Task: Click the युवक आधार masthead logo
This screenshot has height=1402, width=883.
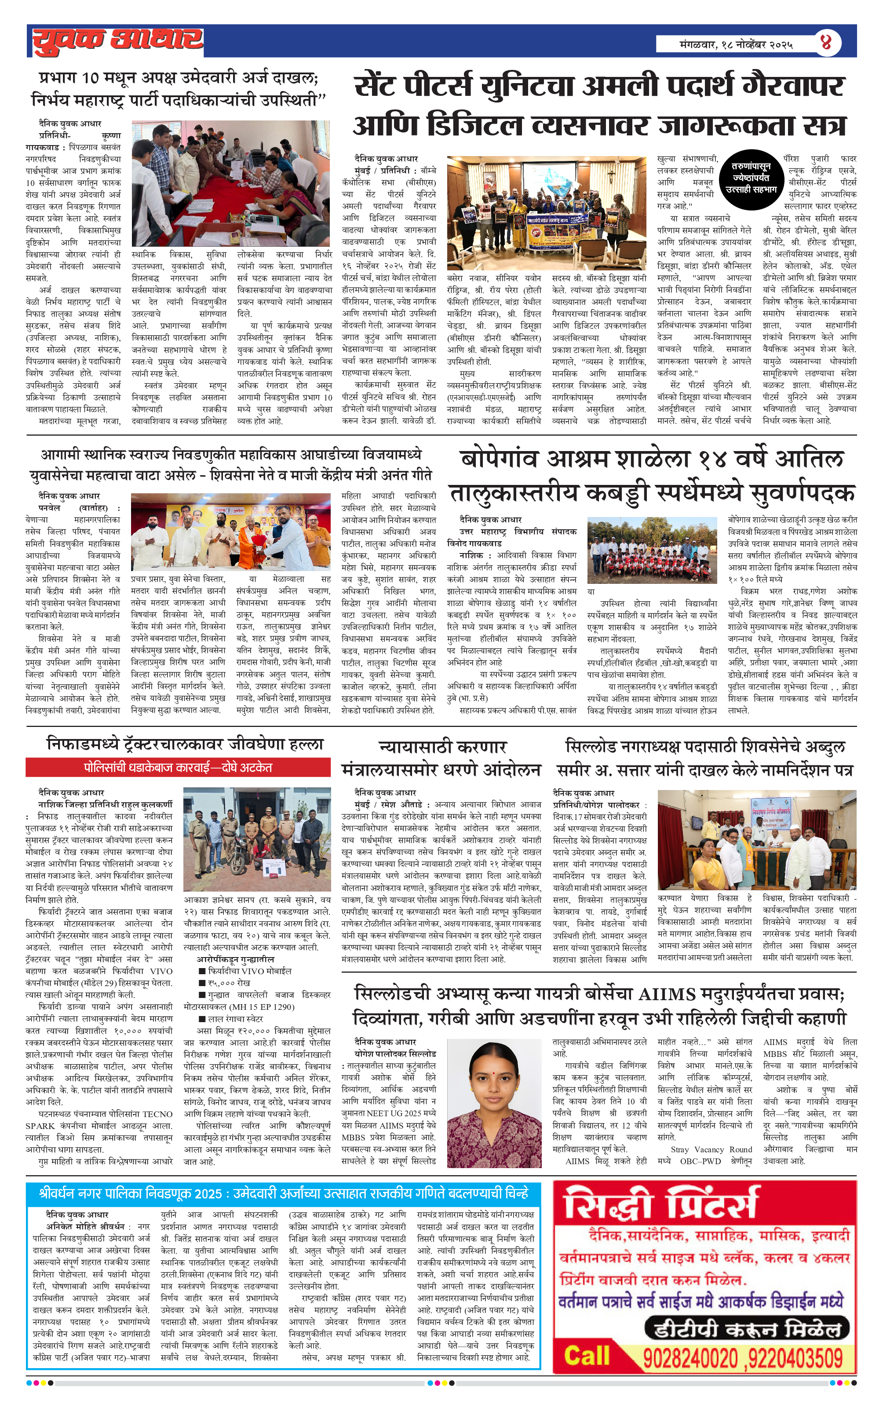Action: point(117,41)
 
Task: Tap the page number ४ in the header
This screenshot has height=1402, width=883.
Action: point(825,42)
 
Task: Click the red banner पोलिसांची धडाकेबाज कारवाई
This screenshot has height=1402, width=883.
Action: point(178,767)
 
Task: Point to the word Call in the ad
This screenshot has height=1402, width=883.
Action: point(587,1357)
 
